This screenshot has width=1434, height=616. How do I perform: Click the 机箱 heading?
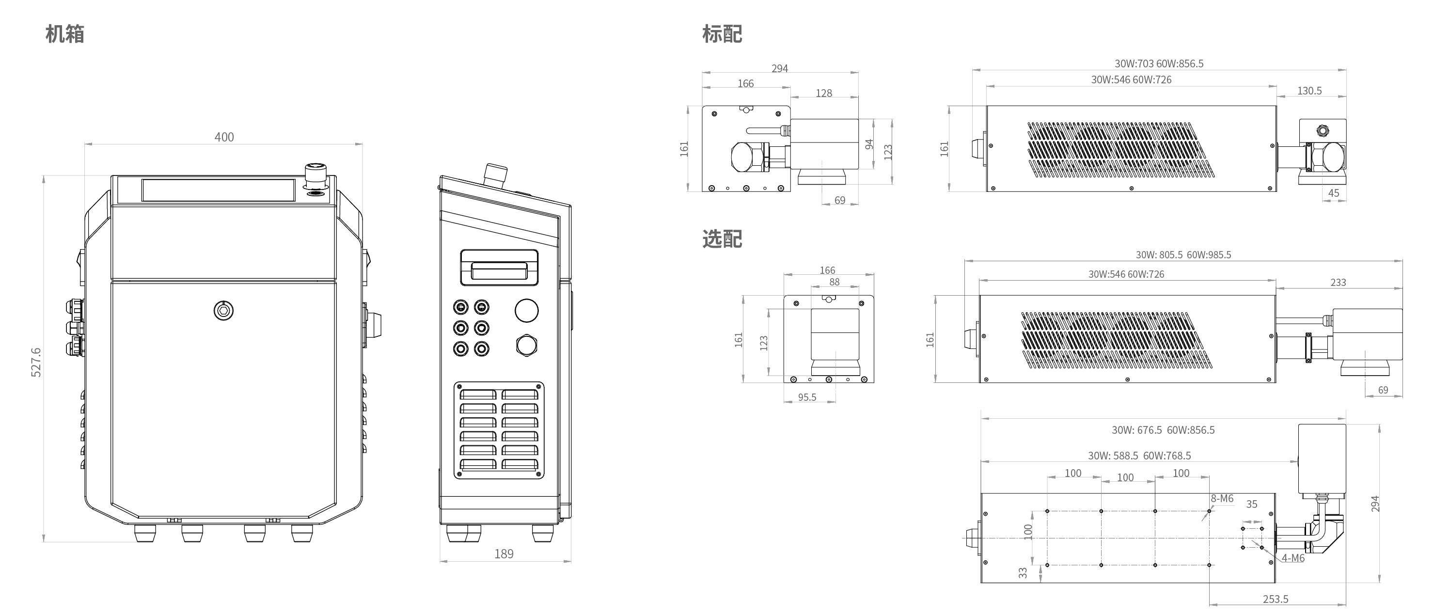[65, 34]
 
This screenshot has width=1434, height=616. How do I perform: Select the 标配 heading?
[722, 34]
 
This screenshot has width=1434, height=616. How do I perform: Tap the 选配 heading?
[722, 239]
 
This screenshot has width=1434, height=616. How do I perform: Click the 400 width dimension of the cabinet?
[224, 137]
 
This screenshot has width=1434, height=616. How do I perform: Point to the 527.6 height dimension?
[36, 363]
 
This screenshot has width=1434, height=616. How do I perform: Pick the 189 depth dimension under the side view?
[504, 553]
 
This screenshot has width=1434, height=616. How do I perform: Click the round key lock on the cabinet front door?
[224, 310]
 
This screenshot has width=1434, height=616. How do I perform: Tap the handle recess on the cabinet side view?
[499, 268]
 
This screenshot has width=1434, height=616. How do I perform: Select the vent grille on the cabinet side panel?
[499, 430]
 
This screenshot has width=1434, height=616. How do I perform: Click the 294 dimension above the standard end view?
[779, 68]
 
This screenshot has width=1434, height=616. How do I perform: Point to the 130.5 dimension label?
[1309, 91]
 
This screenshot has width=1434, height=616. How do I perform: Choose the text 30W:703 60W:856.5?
[1159, 64]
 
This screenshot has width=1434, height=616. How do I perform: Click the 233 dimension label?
[1338, 283]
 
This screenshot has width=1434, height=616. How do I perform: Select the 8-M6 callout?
[1222, 499]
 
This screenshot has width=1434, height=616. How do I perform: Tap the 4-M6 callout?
[1293, 558]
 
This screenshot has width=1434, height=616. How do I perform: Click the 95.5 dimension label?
[807, 397]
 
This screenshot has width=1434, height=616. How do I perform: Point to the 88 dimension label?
[835, 282]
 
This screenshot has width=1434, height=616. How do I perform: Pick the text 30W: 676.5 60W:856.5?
[1164, 430]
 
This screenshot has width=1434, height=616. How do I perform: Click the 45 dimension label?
[1334, 193]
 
